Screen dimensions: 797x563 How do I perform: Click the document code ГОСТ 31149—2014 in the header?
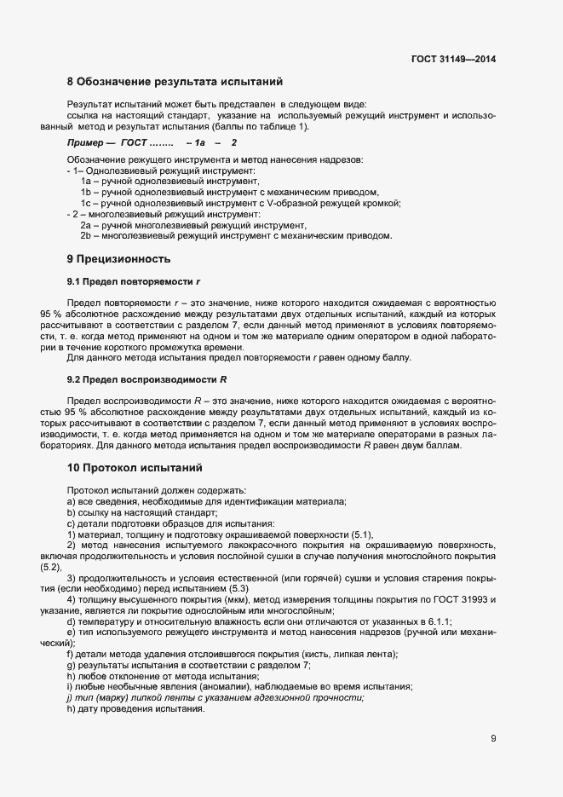pyautogui.click(x=453, y=59)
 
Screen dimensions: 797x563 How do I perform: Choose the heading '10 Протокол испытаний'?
pyautogui.click(x=135, y=467)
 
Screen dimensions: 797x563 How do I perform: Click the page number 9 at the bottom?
pyautogui.click(x=493, y=738)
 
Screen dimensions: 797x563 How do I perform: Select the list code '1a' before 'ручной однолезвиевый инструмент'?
pyautogui.click(x=86, y=182)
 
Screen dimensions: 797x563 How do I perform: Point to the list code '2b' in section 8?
pyautogui.click(x=86, y=235)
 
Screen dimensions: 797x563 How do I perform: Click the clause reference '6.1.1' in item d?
pyautogui.click(x=439, y=621)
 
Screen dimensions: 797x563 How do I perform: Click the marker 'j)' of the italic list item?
pyautogui.click(x=70, y=697)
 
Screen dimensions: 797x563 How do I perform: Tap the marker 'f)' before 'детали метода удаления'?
pyautogui.click(x=70, y=654)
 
